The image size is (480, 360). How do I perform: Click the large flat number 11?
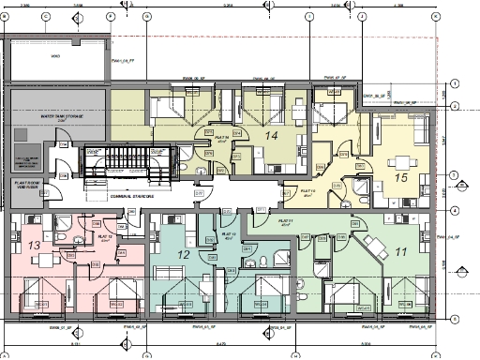tap(400, 253)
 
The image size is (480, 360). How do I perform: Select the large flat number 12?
tap(184, 254)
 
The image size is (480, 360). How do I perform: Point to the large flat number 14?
tap(272, 136)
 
